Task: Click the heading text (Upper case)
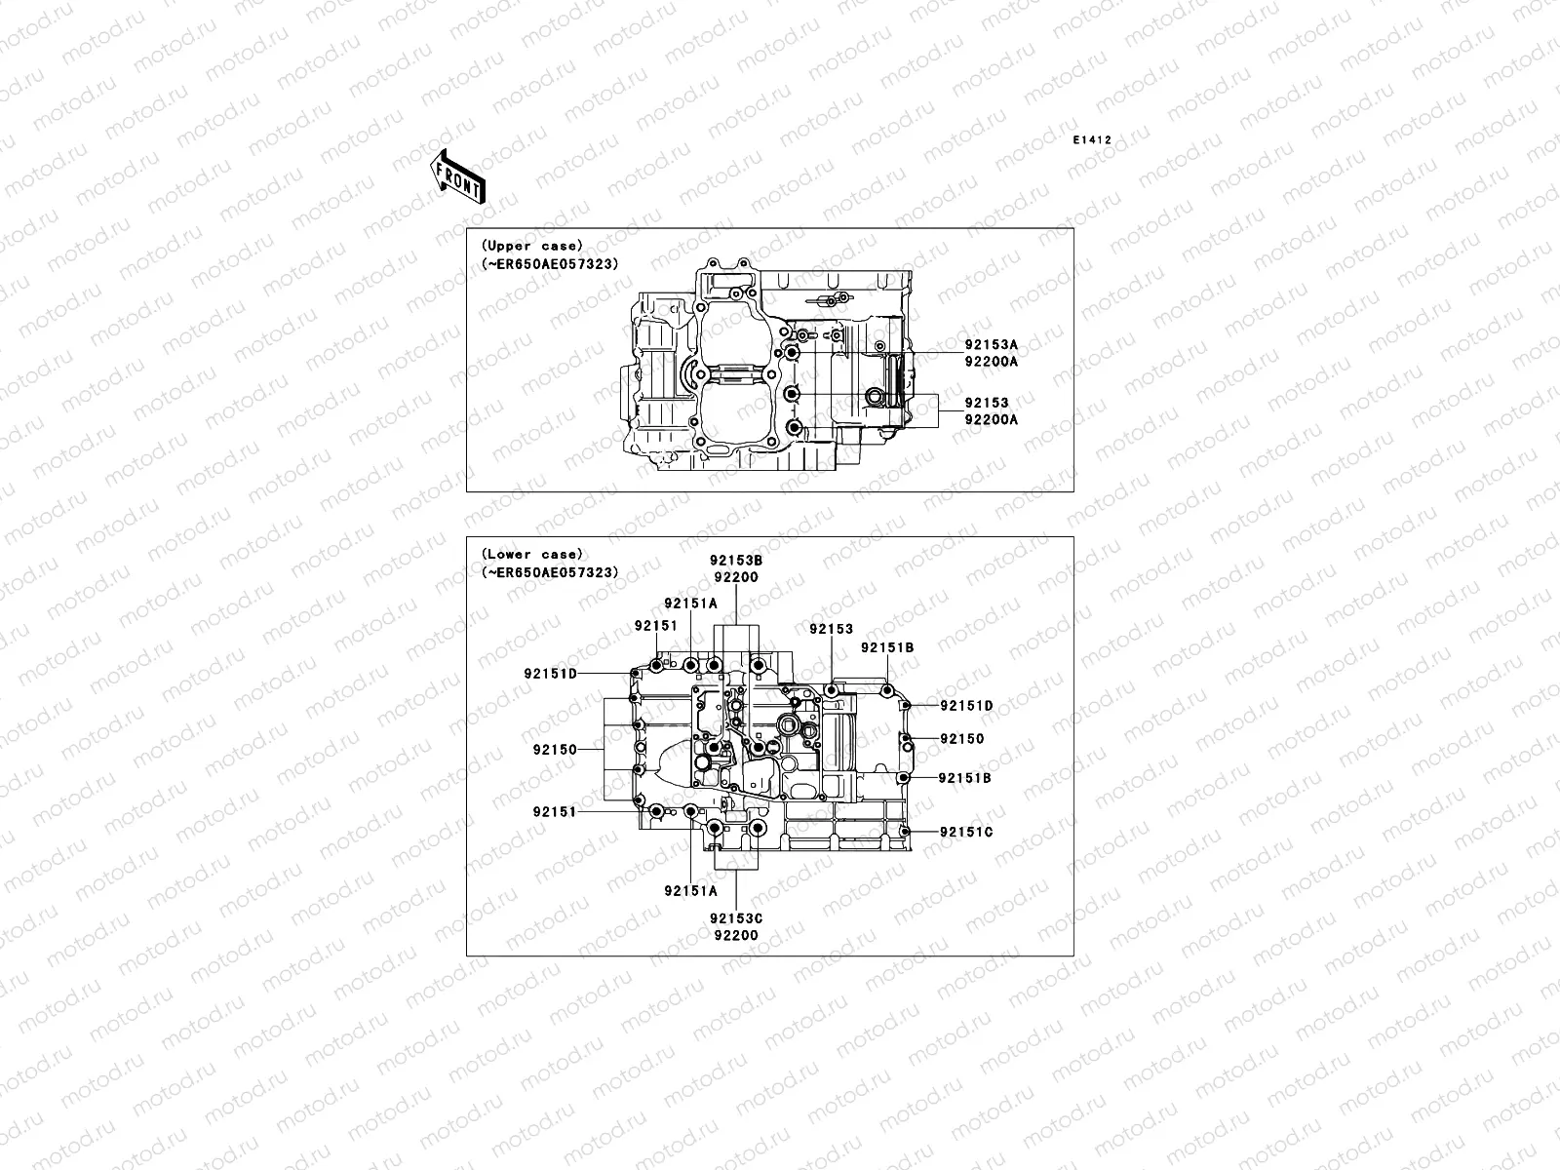pos(531,246)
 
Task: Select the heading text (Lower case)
pos(531,554)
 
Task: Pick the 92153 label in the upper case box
pos(987,403)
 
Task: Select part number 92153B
pos(736,561)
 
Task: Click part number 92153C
pos(736,917)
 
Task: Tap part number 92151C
pos(966,832)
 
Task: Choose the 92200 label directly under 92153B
pos(736,577)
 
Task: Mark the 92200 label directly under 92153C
pos(736,935)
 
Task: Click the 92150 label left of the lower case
pos(555,750)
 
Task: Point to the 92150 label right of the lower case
pos(962,739)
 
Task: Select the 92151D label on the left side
pos(550,673)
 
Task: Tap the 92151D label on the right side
pos(966,705)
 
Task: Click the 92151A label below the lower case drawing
pos(690,890)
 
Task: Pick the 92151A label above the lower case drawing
pos(691,603)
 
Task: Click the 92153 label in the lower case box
pos(831,630)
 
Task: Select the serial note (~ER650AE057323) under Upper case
pos(550,263)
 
